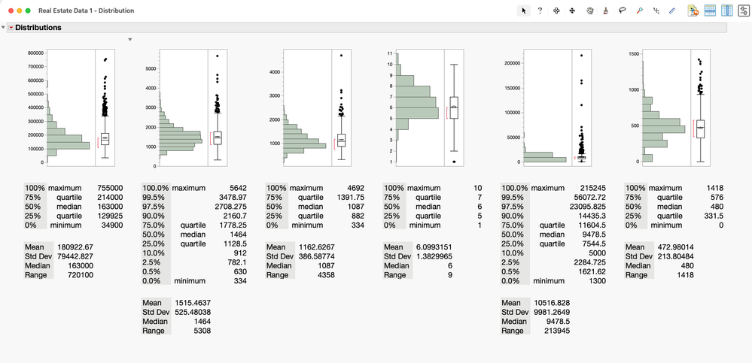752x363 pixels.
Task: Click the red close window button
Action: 10,11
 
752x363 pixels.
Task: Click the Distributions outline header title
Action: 38,28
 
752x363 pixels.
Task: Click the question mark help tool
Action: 540,11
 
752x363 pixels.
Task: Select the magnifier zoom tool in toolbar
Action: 639,11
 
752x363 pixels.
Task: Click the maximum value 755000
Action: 110,188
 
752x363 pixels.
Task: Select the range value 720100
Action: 110,275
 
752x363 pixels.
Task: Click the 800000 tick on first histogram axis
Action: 31,53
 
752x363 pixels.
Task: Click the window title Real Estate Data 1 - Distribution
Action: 86,11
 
